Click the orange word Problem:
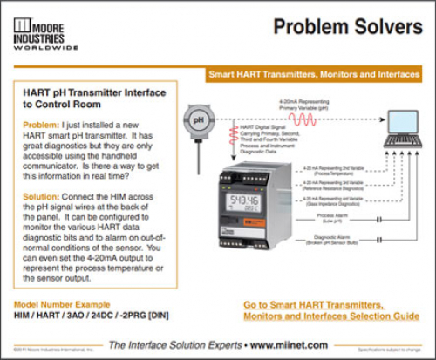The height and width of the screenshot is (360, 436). click(x=39, y=125)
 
